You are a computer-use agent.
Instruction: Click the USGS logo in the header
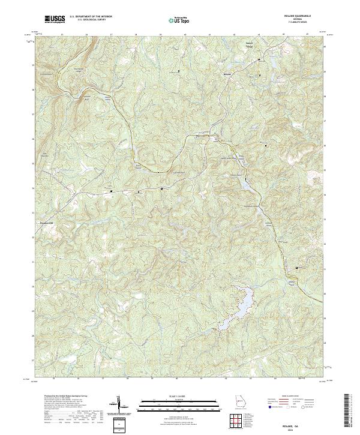[x=55, y=20]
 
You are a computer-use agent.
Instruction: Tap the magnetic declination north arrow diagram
[x=120, y=405]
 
